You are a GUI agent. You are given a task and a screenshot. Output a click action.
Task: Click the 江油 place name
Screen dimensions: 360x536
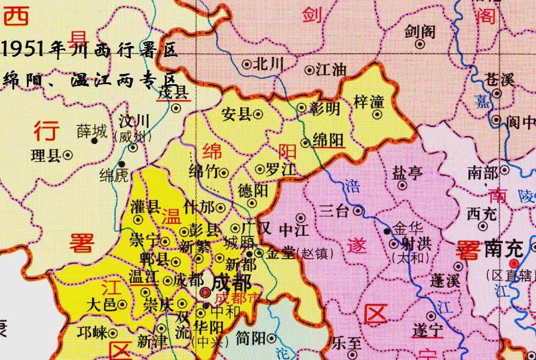(x=330, y=70)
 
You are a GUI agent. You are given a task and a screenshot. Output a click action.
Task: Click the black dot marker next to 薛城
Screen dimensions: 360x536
(x=94, y=141)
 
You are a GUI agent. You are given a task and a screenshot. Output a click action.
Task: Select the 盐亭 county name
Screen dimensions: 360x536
(x=407, y=173)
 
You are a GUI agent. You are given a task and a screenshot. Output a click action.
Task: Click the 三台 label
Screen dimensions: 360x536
(x=335, y=210)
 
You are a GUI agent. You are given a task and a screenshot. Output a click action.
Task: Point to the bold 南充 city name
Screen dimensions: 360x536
(x=504, y=248)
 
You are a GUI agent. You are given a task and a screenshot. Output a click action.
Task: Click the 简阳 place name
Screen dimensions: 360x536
(x=250, y=339)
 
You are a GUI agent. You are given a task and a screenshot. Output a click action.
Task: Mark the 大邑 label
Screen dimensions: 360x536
(x=101, y=304)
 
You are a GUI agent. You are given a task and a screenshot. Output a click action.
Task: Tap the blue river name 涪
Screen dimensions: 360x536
(x=350, y=187)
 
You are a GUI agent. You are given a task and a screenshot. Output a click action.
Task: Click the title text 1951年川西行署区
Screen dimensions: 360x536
(x=90, y=50)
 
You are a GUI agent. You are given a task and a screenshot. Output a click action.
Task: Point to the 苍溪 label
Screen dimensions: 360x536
(x=500, y=80)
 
